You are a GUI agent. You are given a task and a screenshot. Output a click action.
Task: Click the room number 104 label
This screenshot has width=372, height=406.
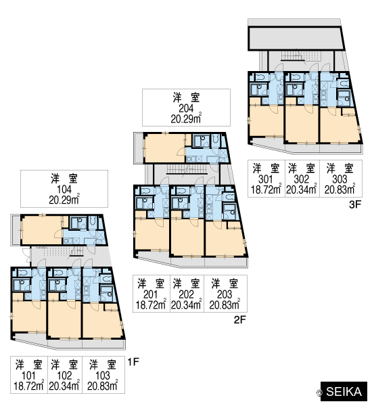tap(64, 189)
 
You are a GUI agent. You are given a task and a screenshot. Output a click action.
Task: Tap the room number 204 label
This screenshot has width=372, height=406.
tap(186, 108)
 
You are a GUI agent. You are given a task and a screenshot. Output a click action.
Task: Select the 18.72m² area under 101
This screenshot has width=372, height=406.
tap(28, 386)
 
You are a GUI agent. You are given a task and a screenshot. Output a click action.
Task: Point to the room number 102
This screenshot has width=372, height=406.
tap(64, 376)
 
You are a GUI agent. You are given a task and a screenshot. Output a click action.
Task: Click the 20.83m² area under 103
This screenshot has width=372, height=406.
tap(103, 386)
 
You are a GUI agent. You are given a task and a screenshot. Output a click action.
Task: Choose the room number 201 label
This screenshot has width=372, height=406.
tap(151, 294)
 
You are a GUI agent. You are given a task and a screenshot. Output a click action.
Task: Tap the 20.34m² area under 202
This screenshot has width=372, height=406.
tap(186, 305)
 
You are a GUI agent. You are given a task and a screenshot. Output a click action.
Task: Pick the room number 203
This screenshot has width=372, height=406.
tap(225, 294)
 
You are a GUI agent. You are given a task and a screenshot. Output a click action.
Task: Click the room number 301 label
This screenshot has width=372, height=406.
tap(266, 179)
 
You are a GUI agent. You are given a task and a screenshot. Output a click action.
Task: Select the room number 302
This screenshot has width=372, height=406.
tap(302, 179)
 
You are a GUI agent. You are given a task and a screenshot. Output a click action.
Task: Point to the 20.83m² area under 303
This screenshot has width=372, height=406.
tap(340, 189)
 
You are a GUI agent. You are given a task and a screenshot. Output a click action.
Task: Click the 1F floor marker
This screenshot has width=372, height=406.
tap(133, 362)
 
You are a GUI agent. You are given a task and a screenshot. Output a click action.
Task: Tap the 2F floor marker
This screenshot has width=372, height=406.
tap(239, 320)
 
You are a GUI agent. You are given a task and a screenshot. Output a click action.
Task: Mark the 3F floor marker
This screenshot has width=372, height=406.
tap(355, 204)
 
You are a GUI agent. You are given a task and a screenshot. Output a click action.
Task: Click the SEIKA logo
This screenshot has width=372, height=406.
tap(344, 392)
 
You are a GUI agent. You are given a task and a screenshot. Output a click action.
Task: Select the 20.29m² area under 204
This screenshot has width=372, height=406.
tap(186, 119)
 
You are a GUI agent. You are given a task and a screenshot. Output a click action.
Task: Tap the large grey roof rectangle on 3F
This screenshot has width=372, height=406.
tap(296, 38)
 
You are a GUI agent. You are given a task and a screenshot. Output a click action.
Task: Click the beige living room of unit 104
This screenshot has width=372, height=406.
tap(41, 231)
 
